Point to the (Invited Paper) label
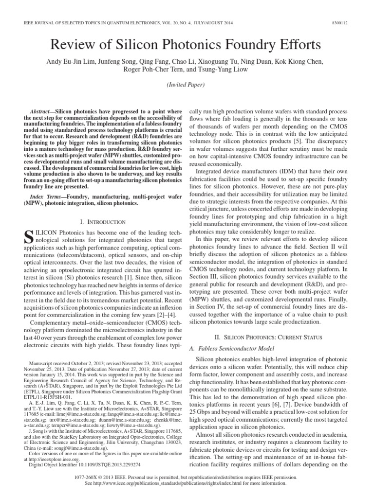187,84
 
